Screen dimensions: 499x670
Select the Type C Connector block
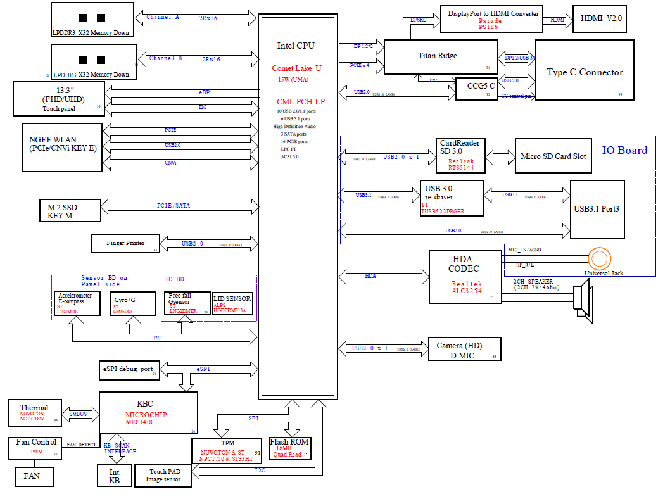585,70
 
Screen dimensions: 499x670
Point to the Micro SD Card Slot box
553,156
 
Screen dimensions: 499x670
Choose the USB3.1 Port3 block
597,209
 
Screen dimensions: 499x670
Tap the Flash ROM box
290,448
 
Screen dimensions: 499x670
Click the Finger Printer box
124,243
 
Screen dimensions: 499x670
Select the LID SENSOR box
232,303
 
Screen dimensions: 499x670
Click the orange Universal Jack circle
599,259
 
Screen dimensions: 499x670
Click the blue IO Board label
624,150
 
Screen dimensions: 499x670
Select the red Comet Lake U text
296,68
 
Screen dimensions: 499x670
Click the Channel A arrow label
164,17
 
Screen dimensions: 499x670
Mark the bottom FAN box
35,476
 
